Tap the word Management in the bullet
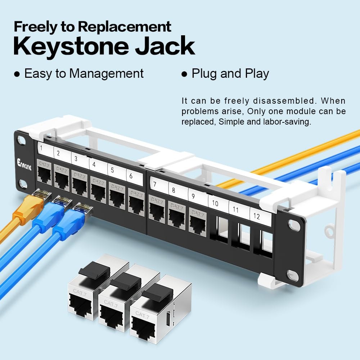coord(106,73)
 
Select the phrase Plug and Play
coord(230,73)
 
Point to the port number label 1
coord(42,148)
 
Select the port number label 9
coord(193,196)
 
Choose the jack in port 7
coord(157,209)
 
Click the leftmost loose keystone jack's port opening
coord(84,306)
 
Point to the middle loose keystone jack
coord(115,302)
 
